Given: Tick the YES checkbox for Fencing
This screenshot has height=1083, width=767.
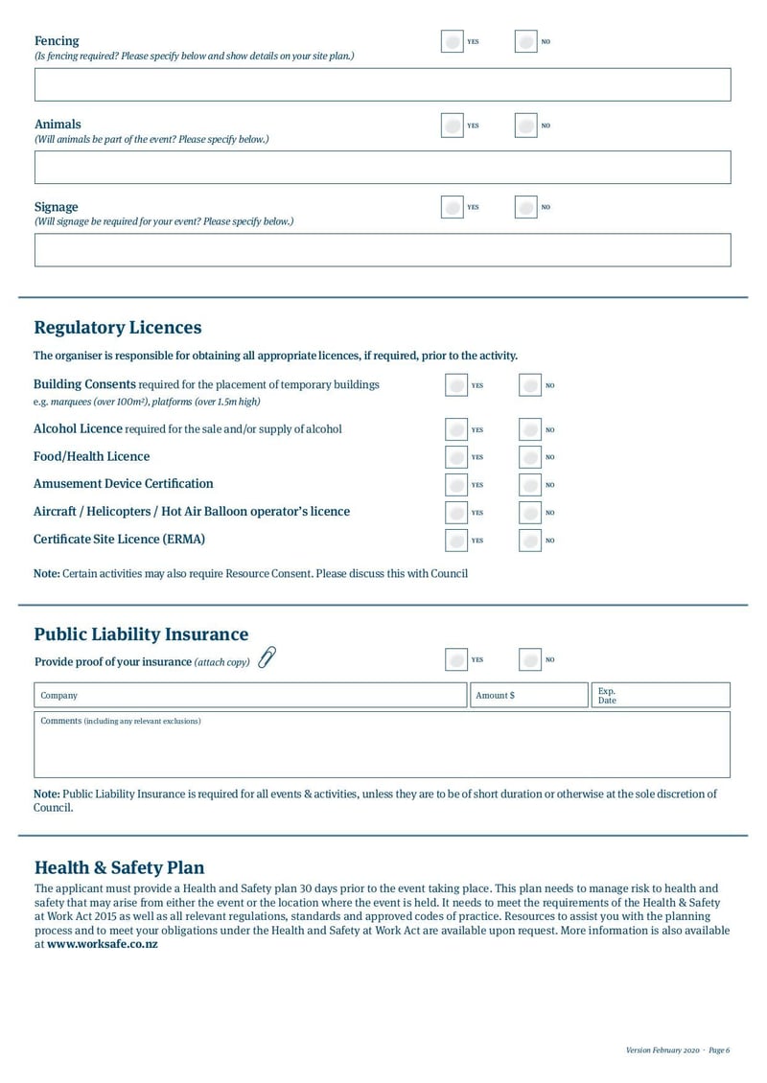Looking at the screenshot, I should [453, 42].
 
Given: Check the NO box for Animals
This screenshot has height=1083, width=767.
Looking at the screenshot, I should [526, 126].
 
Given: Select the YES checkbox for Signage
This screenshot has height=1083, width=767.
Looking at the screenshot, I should [453, 207].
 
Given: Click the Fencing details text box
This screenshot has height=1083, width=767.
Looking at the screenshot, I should [383, 85].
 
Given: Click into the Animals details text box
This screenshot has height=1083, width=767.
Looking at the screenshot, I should [383, 168].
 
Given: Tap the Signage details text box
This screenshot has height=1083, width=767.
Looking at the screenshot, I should [383, 250].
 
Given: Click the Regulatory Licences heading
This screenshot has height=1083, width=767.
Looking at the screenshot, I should [118, 328].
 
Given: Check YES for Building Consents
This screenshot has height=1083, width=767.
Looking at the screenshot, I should [457, 385].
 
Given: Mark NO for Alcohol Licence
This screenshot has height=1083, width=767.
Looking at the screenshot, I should [530, 430].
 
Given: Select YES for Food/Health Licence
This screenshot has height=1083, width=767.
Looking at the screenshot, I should [457, 457].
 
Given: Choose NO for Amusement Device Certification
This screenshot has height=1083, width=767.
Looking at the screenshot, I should [530, 485].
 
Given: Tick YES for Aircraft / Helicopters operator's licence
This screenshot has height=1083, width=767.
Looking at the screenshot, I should [457, 513].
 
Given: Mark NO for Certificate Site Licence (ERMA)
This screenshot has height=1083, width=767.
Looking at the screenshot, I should [530, 541].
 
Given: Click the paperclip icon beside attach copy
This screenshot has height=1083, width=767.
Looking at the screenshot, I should [267, 658].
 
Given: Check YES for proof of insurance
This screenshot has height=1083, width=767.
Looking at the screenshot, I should [457, 660].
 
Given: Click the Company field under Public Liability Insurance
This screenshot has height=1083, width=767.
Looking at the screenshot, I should [249, 696].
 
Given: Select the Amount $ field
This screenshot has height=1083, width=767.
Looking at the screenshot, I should [526, 696].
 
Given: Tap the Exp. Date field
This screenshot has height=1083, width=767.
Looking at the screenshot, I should [659, 696].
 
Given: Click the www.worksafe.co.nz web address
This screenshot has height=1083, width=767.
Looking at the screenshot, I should [103, 945].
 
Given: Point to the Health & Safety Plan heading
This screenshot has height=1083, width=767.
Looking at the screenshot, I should [119, 868].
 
